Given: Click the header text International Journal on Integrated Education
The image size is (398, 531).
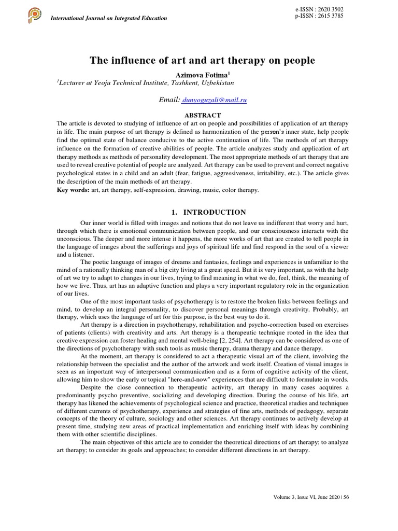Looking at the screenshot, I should pos(108,18).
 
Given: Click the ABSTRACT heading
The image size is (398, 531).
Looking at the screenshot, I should pos(203,115).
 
